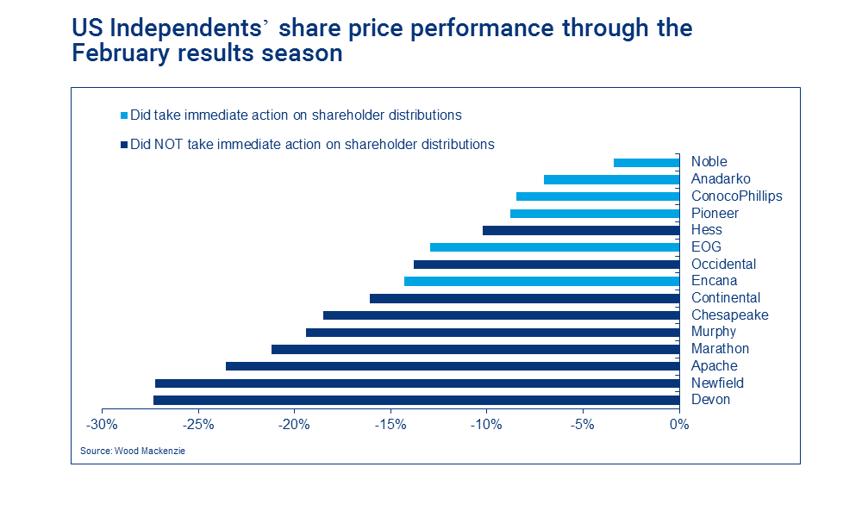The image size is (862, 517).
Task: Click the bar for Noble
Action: coord(646,162)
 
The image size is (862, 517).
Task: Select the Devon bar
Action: coord(416,400)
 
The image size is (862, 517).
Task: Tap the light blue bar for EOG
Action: coord(554,247)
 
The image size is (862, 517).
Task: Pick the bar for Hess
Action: coord(581,230)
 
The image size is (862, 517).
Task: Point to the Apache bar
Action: coord(453,366)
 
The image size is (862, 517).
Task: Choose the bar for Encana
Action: coord(541,281)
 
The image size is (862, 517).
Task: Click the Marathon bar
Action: coord(475,349)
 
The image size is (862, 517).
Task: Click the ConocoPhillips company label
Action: coord(736,196)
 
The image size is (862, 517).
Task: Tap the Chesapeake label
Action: coord(729,315)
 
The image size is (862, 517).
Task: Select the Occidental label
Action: coord(723,264)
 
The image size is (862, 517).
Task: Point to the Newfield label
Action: coord(717,383)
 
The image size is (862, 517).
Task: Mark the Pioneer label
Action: coord(715,213)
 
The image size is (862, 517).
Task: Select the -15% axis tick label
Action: coord(390,424)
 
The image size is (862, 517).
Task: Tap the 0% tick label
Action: coord(679,424)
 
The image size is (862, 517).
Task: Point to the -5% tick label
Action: coord(583,424)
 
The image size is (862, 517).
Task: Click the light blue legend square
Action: coord(124,115)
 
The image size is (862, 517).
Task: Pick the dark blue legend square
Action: coord(124,145)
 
